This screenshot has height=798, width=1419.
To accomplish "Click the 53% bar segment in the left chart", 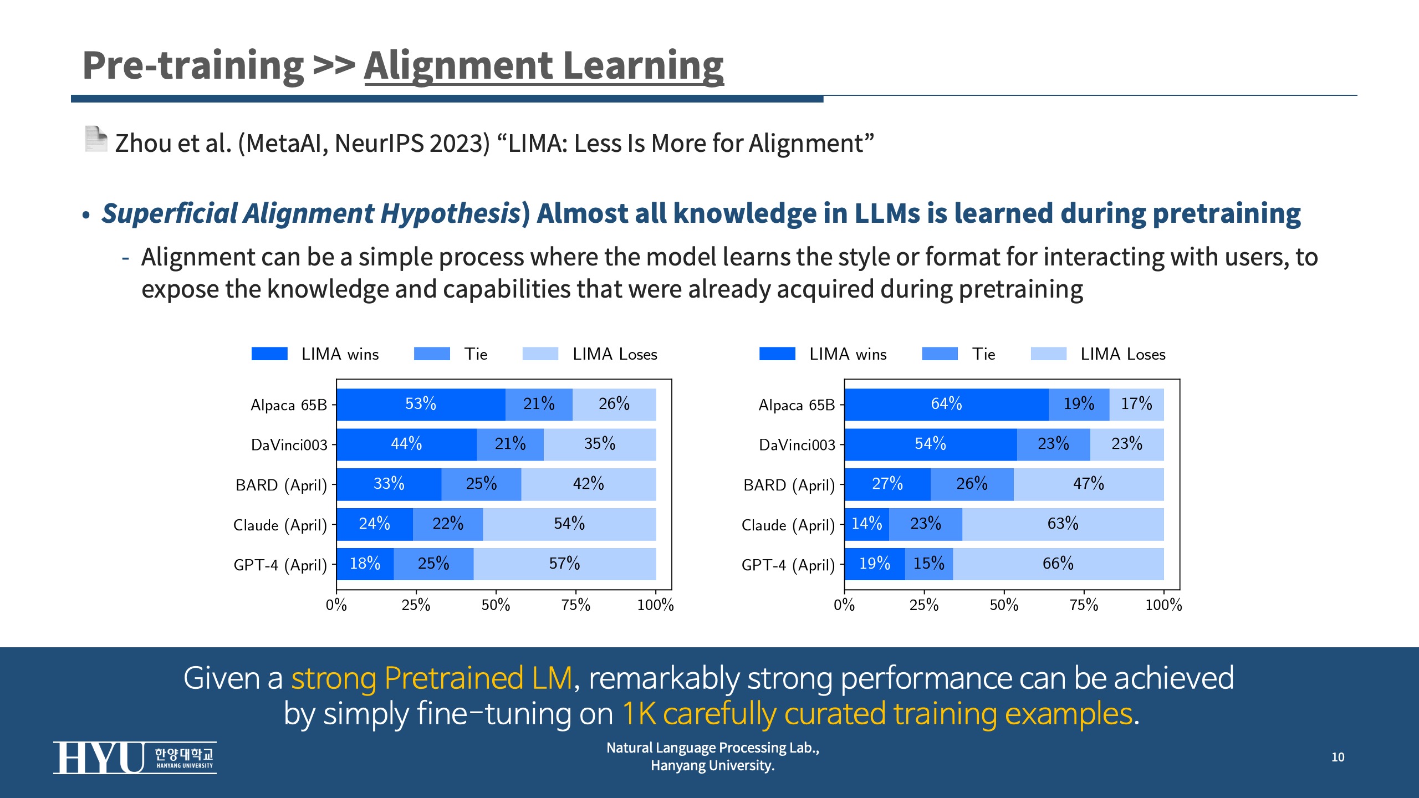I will [x=421, y=404].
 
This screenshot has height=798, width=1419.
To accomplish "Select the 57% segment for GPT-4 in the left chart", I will [x=564, y=564].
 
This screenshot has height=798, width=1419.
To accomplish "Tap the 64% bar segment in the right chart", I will [x=946, y=404].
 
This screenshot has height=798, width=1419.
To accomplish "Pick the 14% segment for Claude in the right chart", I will [x=866, y=524].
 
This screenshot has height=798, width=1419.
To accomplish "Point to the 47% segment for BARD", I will [x=1088, y=484].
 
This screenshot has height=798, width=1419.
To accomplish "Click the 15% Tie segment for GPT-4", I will [x=928, y=564].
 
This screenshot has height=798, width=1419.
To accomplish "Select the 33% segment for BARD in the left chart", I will [x=389, y=484].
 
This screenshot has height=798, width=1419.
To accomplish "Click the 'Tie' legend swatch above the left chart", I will [x=432, y=354].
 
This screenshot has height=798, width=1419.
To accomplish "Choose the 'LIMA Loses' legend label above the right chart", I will [x=1122, y=354].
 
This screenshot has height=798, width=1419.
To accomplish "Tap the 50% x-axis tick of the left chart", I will [x=496, y=605].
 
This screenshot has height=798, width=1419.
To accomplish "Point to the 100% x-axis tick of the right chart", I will [x=1163, y=605].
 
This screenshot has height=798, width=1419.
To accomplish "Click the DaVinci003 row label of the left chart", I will [x=289, y=445].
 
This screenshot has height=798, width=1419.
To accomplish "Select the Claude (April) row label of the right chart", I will [x=788, y=525].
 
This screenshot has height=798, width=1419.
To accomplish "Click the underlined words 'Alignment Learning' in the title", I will [x=544, y=66].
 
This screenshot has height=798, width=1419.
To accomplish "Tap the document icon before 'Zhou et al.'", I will [x=96, y=139].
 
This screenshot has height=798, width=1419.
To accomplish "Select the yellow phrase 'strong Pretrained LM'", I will [x=432, y=678].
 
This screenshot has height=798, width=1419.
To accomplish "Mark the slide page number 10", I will [x=1338, y=757].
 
